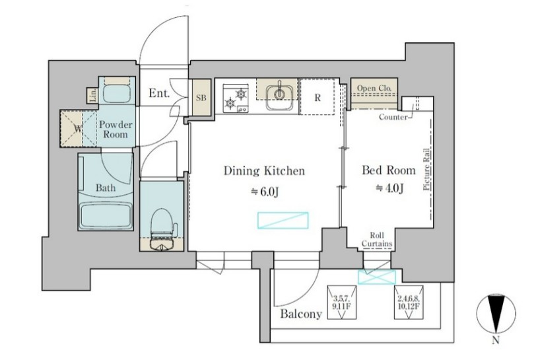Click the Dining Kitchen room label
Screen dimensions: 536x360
click(x=264, y=171)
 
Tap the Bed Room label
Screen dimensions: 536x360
click(x=389, y=170)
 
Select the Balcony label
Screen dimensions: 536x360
click(x=301, y=314)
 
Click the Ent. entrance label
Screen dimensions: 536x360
click(x=159, y=93)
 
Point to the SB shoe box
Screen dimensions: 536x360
click(x=201, y=98)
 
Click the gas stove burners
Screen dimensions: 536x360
click(x=236, y=98)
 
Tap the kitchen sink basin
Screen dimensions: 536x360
click(x=279, y=97)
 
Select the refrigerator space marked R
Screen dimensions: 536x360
click(x=318, y=97)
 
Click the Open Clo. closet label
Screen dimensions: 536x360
click(x=374, y=88)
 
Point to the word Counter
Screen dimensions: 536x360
click(x=393, y=117)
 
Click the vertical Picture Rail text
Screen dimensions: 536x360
click(x=426, y=169)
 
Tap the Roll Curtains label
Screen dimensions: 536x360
click(x=377, y=240)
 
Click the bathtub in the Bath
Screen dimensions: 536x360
click(x=106, y=215)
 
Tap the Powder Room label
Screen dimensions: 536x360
click(x=116, y=129)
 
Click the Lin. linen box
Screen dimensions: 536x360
click(x=92, y=95)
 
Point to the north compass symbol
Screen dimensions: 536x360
click(x=496, y=314)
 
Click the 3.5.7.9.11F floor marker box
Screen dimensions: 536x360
click(x=342, y=303)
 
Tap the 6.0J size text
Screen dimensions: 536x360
click(x=265, y=192)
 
